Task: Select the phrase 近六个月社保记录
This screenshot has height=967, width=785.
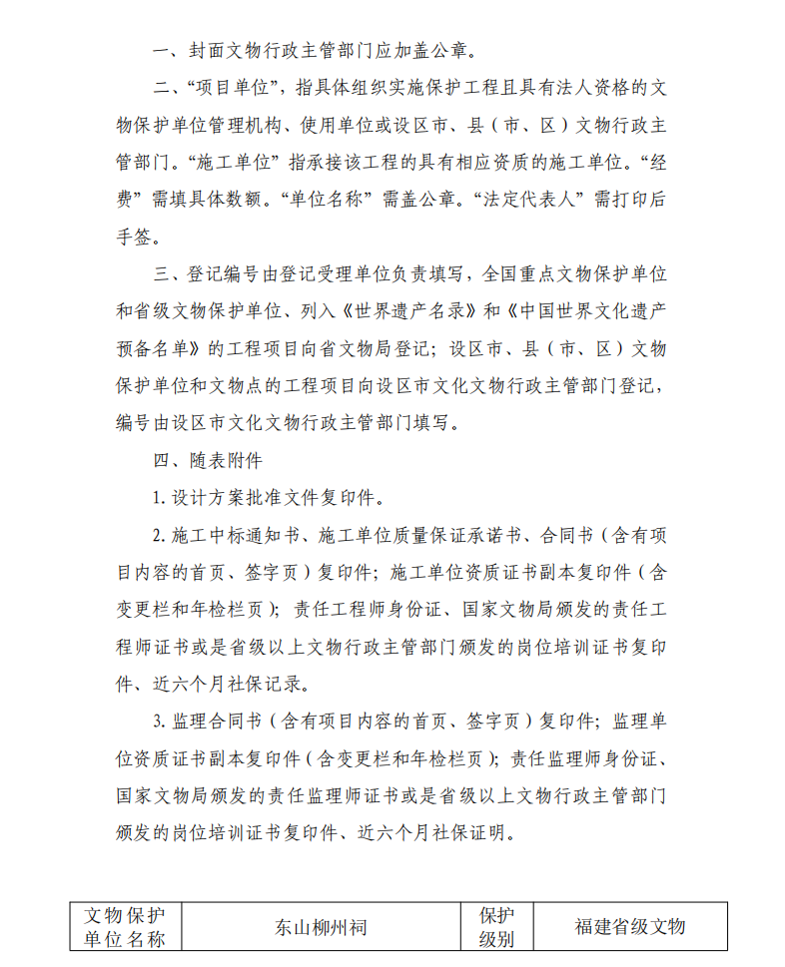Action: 239,684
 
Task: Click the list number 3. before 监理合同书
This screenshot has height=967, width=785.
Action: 158,722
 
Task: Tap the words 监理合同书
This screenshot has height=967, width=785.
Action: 219,722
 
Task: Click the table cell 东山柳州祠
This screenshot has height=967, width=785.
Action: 321,927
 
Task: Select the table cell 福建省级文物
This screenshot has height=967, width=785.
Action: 629,927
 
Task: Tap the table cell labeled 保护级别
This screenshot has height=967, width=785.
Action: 496,927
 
